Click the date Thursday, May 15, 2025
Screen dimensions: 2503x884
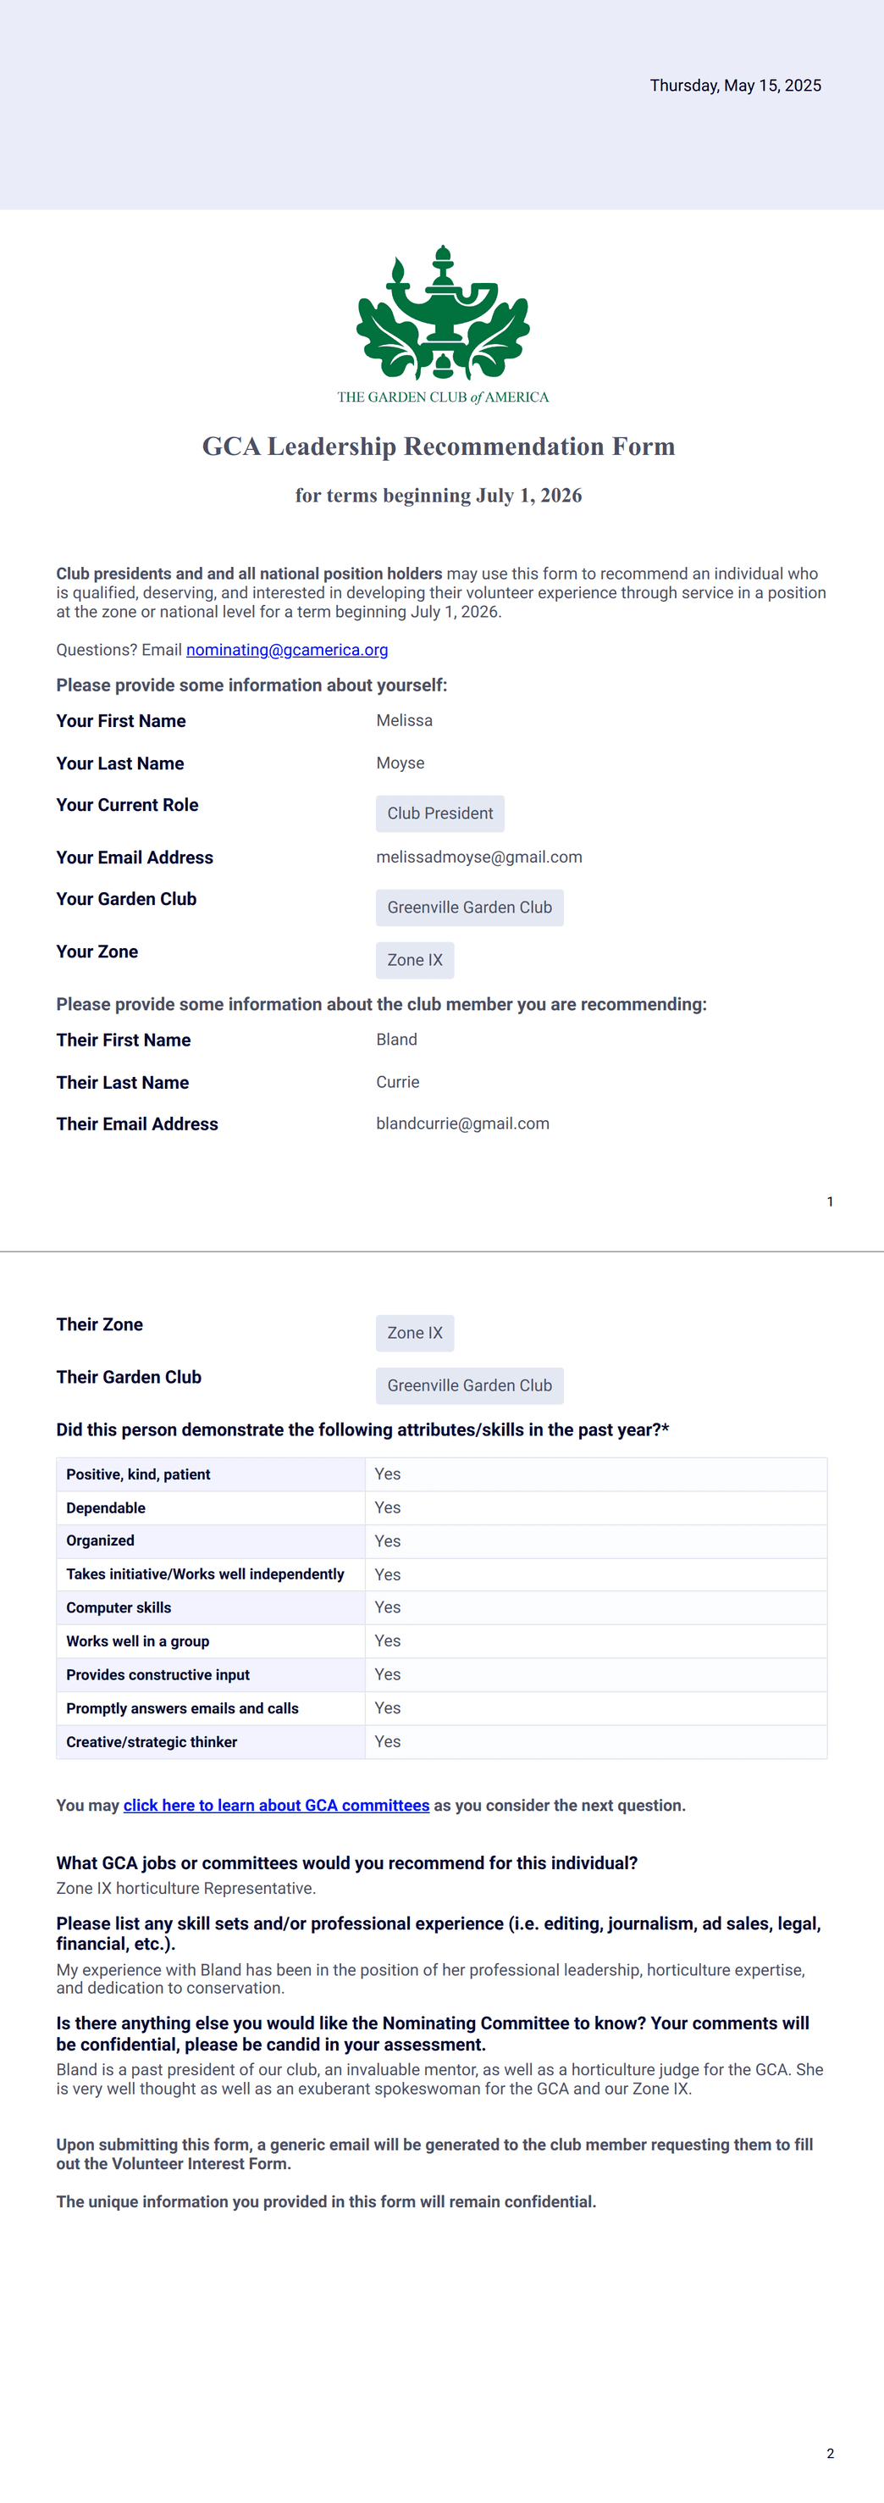(734, 86)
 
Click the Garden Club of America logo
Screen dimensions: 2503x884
(443, 323)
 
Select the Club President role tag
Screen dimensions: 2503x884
(440, 813)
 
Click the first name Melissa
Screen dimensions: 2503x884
(404, 721)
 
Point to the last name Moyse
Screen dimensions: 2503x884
(401, 763)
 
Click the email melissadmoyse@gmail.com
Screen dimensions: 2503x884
(479, 857)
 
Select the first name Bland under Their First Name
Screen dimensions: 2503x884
(396, 1040)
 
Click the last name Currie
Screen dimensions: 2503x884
(397, 1082)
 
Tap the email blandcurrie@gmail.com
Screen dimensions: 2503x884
(462, 1124)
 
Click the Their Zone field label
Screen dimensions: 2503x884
(99, 1324)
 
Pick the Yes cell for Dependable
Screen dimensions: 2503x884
(388, 1508)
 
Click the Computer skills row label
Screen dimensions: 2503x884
(119, 1608)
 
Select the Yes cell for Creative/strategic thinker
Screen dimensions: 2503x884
(388, 1742)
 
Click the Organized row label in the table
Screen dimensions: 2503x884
(100, 1541)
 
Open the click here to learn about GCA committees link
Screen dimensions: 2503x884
(276, 1806)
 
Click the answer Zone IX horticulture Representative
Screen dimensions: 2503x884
(185, 1888)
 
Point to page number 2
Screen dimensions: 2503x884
(830, 2454)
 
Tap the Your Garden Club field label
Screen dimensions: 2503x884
(126, 900)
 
